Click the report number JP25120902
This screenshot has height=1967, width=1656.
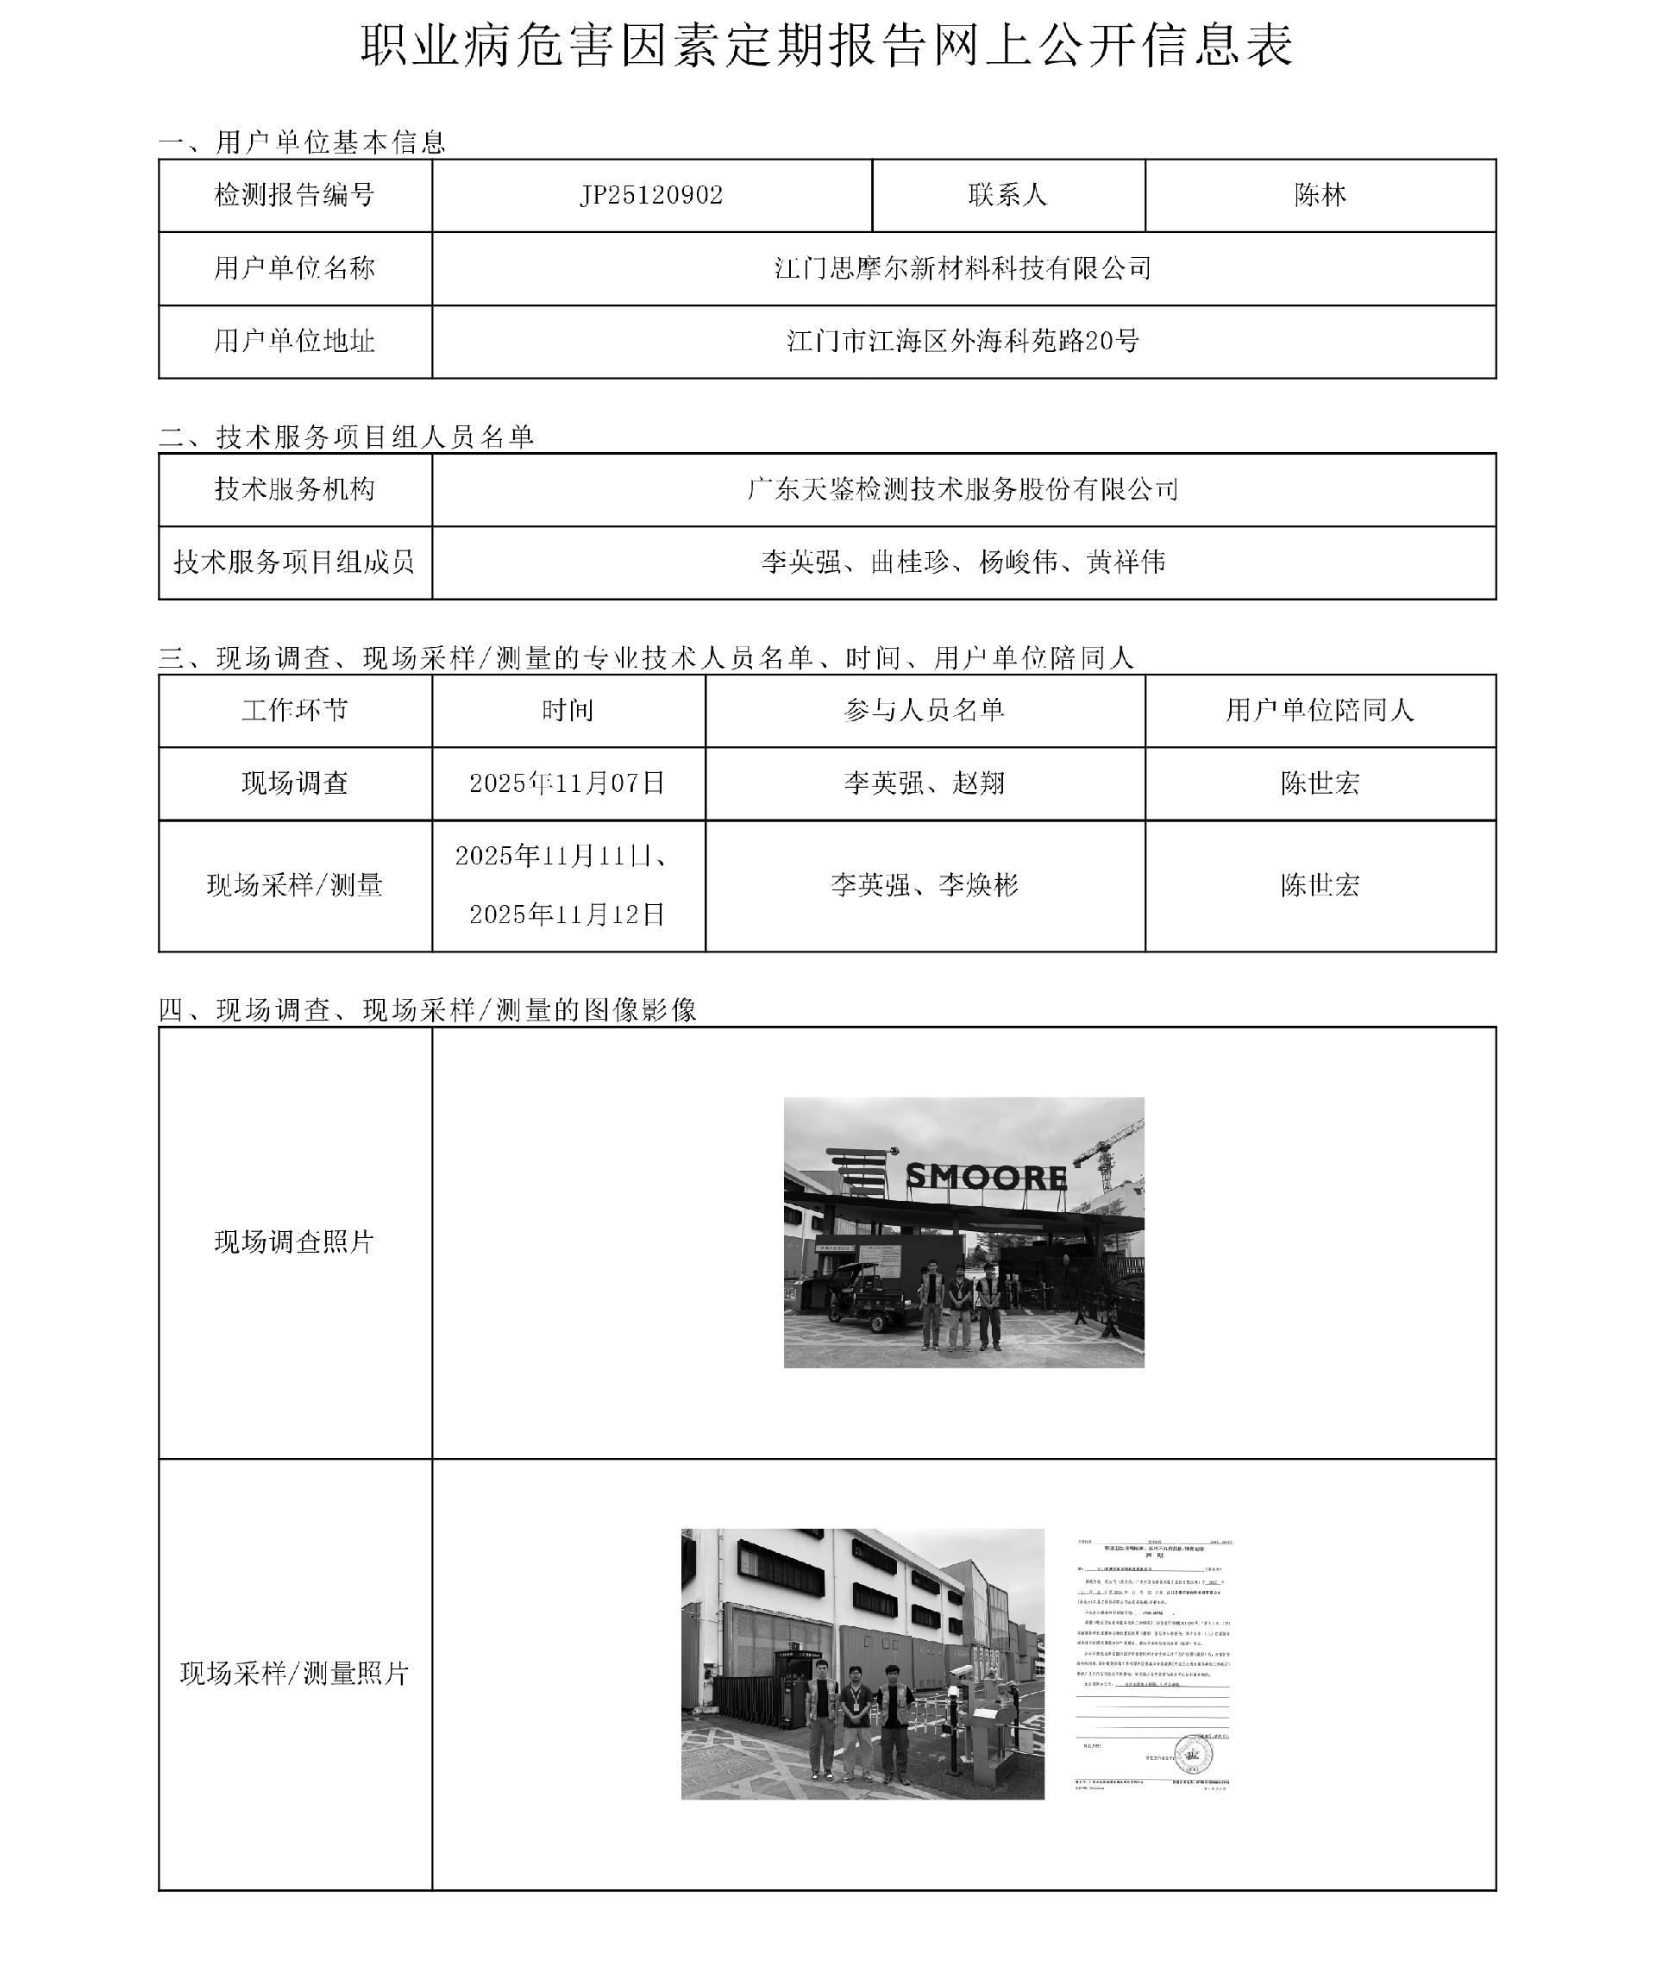pyautogui.click(x=651, y=195)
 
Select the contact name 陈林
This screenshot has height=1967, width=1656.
pyautogui.click(x=1320, y=195)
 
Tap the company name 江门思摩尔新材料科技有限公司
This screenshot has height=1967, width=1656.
pyautogui.click(x=963, y=268)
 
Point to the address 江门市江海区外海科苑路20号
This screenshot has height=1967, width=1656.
pyautogui.click(x=963, y=341)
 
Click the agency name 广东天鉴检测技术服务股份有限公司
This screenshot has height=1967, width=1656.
pyautogui.click(x=963, y=489)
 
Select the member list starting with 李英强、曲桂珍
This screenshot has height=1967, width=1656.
pyautogui.click(x=963, y=562)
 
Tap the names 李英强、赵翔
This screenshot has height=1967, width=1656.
pyautogui.click(x=925, y=783)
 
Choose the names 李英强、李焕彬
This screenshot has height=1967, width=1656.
pyautogui.click(x=925, y=885)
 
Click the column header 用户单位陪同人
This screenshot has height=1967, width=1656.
pyautogui.click(x=1320, y=710)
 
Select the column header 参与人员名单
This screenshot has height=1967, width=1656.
pyautogui.click(x=925, y=710)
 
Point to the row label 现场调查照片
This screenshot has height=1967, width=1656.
pyautogui.click(x=295, y=1242)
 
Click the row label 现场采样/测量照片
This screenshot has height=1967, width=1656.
pyautogui.click(x=295, y=1673)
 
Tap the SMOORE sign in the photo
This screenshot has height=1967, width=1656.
pyautogui.click(x=986, y=1178)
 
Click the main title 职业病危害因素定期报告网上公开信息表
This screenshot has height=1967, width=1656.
pyautogui.click(x=827, y=45)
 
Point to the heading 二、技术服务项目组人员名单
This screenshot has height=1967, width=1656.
pyautogui.click(x=347, y=437)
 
